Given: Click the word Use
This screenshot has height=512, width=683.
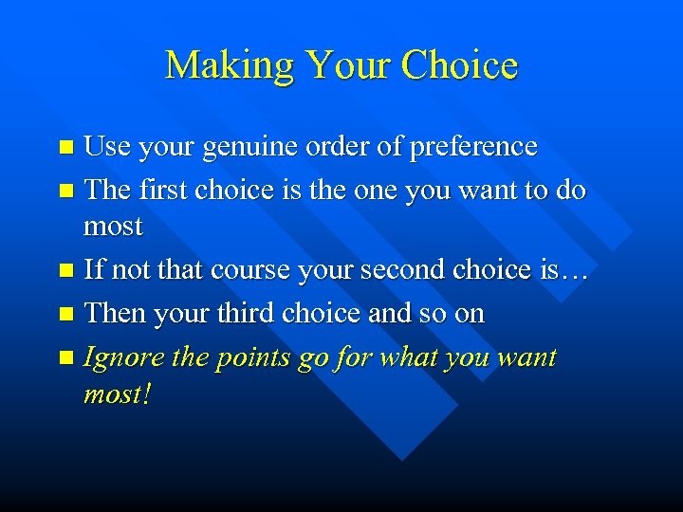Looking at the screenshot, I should pyautogui.click(x=108, y=147).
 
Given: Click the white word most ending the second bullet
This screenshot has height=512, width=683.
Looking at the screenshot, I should pyautogui.click(x=113, y=227).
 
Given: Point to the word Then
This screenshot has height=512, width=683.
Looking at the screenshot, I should pyautogui.click(x=113, y=314).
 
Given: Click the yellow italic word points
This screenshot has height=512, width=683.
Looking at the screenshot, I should pyautogui.click(x=250, y=358).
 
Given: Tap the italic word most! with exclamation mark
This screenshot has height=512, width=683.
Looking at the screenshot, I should pyautogui.click(x=117, y=393).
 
